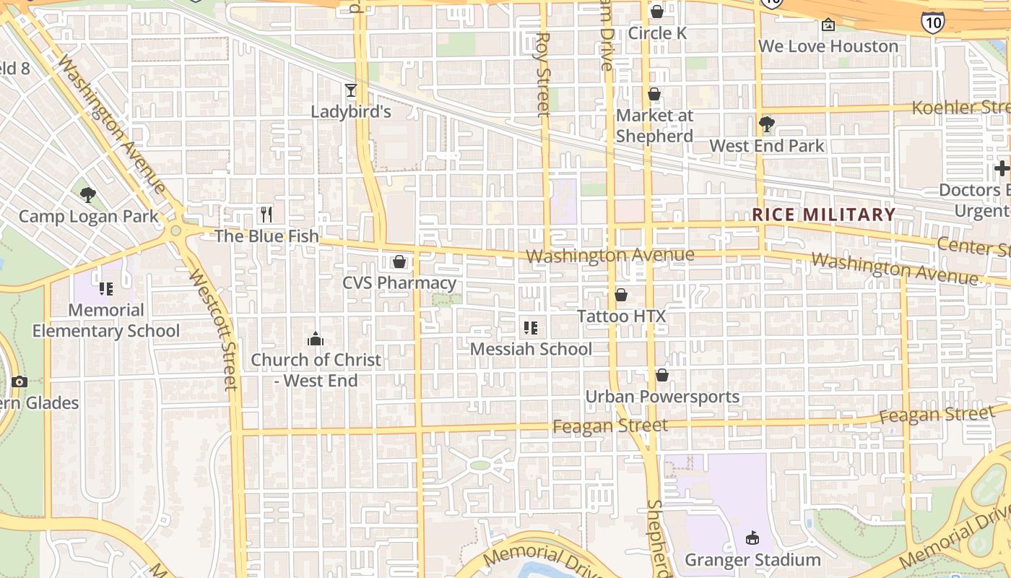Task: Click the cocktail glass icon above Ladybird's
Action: tap(351, 90)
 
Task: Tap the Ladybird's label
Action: tap(351, 111)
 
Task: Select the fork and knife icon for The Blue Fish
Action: tap(266, 214)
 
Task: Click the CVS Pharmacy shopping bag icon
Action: tap(399, 262)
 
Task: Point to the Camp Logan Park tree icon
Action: tap(88, 194)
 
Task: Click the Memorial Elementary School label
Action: tap(106, 321)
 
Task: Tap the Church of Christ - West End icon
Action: tap(316, 339)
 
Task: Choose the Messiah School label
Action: tap(531, 349)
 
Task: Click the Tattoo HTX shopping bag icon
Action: tap(621, 295)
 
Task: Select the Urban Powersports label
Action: tap(662, 397)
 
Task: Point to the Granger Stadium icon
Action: tap(752, 538)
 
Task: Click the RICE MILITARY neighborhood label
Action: tap(824, 215)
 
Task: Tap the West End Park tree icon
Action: tap(767, 124)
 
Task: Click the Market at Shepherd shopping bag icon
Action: tap(654, 94)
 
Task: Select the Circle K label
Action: tap(657, 33)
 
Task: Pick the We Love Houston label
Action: tap(828, 46)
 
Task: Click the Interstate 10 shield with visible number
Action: tap(932, 22)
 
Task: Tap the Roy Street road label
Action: tap(544, 74)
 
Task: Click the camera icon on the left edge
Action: tap(19, 381)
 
